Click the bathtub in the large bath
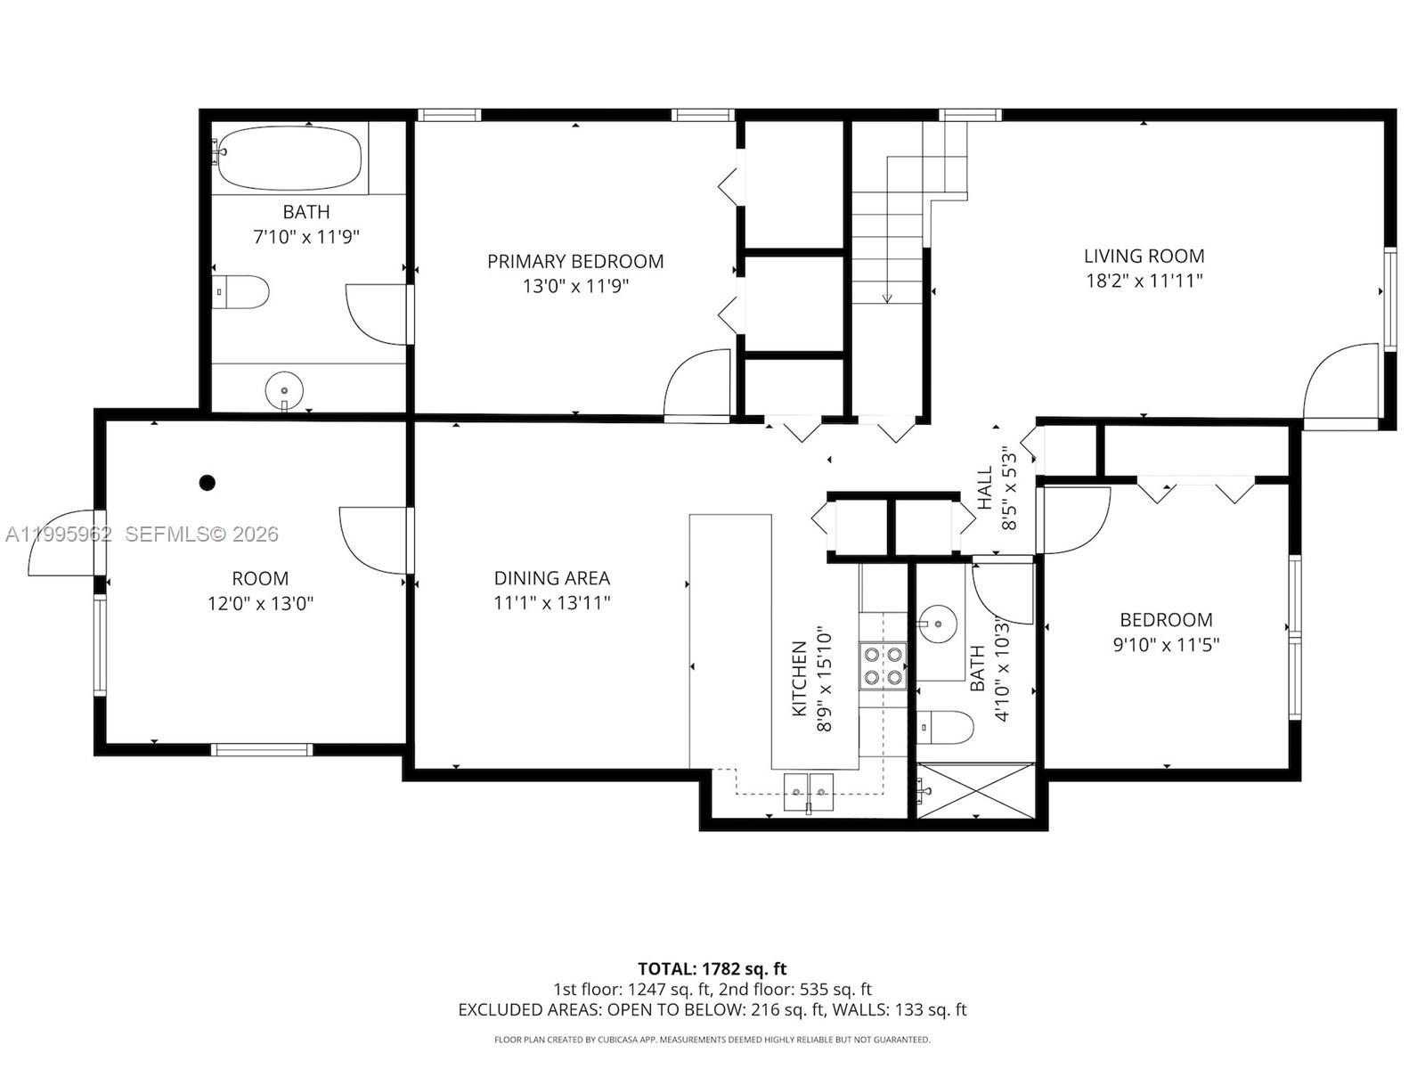pos(289,158)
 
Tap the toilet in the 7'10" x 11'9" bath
pos(242,291)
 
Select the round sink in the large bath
pos(284,390)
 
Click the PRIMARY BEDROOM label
pos(574,261)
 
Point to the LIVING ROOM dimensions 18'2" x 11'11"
pos(1144,281)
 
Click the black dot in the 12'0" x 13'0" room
pos(208,483)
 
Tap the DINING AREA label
pos(551,578)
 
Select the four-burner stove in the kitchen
pos(883,665)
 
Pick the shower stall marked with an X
pos(976,789)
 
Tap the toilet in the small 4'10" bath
pos(946,727)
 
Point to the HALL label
pos(985,488)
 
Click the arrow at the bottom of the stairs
pos(887,298)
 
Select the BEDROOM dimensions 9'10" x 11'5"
pos(1166,644)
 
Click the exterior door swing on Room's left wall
pos(62,542)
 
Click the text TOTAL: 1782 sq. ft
pos(712,968)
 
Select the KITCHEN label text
pos(799,678)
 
